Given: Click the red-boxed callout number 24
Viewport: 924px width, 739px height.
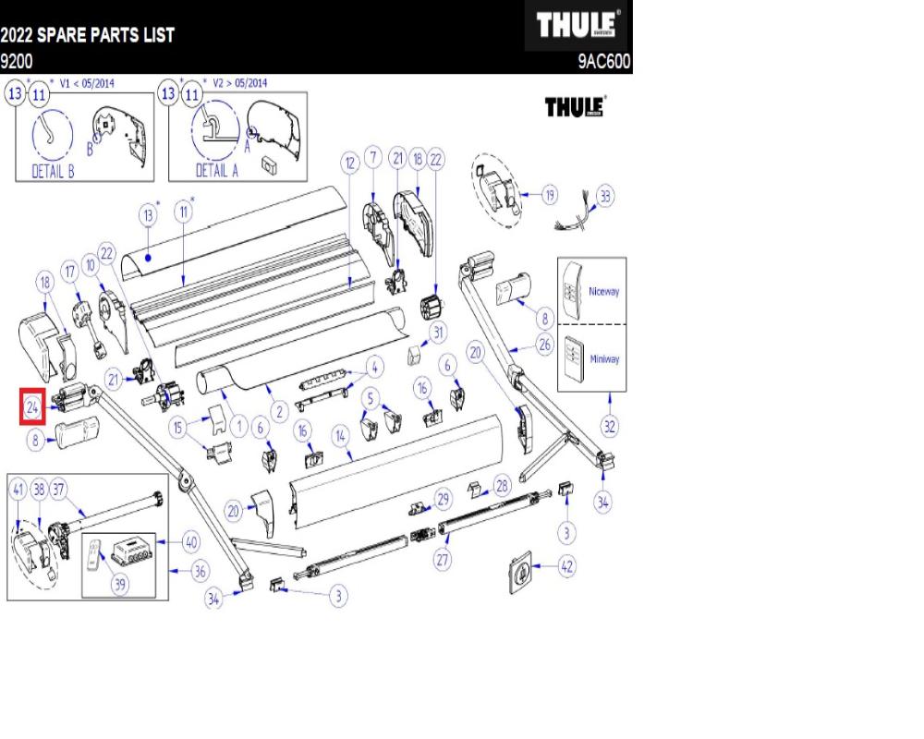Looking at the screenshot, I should (x=32, y=407).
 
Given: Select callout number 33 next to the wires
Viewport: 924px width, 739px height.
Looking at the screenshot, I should (x=605, y=197).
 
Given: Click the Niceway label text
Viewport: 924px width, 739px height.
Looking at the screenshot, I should (x=604, y=291).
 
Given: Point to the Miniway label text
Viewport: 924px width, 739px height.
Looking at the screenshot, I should (x=604, y=359).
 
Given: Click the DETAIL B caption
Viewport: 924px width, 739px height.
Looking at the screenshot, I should (x=53, y=172).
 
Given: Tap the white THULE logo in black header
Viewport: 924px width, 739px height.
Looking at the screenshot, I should (x=579, y=26).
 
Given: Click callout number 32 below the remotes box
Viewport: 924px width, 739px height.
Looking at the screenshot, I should (x=610, y=426).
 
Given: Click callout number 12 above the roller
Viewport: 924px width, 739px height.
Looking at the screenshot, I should (x=349, y=164).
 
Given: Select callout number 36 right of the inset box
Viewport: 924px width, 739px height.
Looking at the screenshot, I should (x=200, y=572).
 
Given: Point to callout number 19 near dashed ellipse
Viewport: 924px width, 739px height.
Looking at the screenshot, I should (x=550, y=195).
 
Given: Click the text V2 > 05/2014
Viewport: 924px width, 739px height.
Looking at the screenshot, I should (x=240, y=82).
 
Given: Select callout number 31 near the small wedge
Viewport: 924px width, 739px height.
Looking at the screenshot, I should (x=438, y=333).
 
